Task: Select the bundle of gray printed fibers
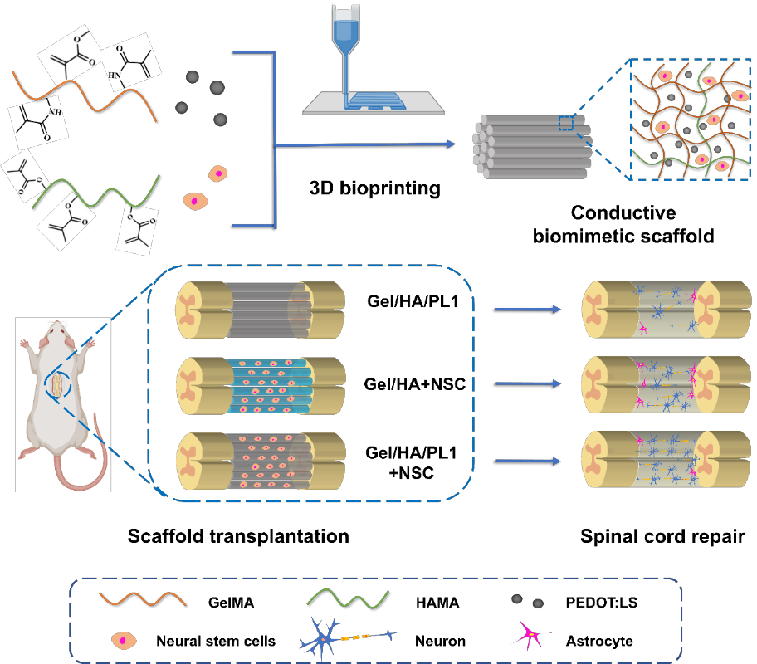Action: (x=531, y=147)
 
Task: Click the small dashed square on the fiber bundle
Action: (x=566, y=123)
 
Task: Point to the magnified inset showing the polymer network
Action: (x=691, y=120)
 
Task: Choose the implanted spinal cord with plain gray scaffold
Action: (x=260, y=310)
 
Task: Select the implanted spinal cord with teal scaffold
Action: (x=260, y=385)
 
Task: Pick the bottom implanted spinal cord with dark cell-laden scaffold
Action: (x=260, y=461)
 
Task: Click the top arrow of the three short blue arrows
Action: (x=527, y=310)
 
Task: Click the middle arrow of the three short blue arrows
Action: (x=527, y=383)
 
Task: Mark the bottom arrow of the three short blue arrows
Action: (x=527, y=461)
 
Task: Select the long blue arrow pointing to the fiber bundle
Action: (x=365, y=144)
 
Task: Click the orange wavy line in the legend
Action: (x=143, y=598)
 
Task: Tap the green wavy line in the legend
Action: (x=348, y=598)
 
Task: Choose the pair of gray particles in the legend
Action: (x=527, y=601)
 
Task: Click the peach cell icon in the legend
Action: (x=125, y=640)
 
